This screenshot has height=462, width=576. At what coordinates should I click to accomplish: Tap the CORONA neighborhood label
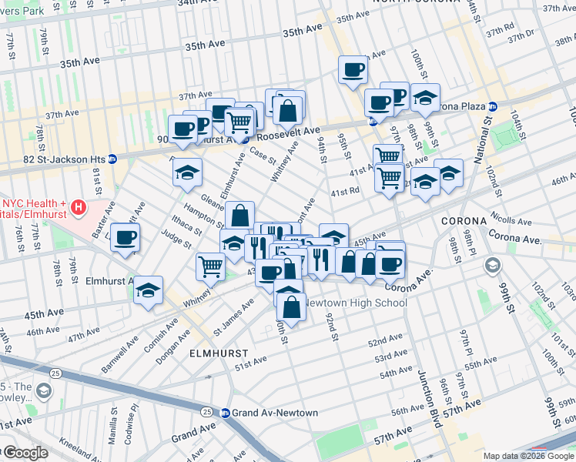coord(464,220)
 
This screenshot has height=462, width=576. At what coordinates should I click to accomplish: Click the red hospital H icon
coord(78,207)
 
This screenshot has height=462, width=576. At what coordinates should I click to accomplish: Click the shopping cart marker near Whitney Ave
coord(211,266)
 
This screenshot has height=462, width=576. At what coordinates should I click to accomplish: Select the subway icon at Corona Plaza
coord(492,106)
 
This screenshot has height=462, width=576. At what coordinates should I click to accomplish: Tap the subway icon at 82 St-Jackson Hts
coord(112,159)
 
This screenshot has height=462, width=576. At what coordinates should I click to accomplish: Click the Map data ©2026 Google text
coord(527,456)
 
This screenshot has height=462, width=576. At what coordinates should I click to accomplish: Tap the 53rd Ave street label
coord(391,357)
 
